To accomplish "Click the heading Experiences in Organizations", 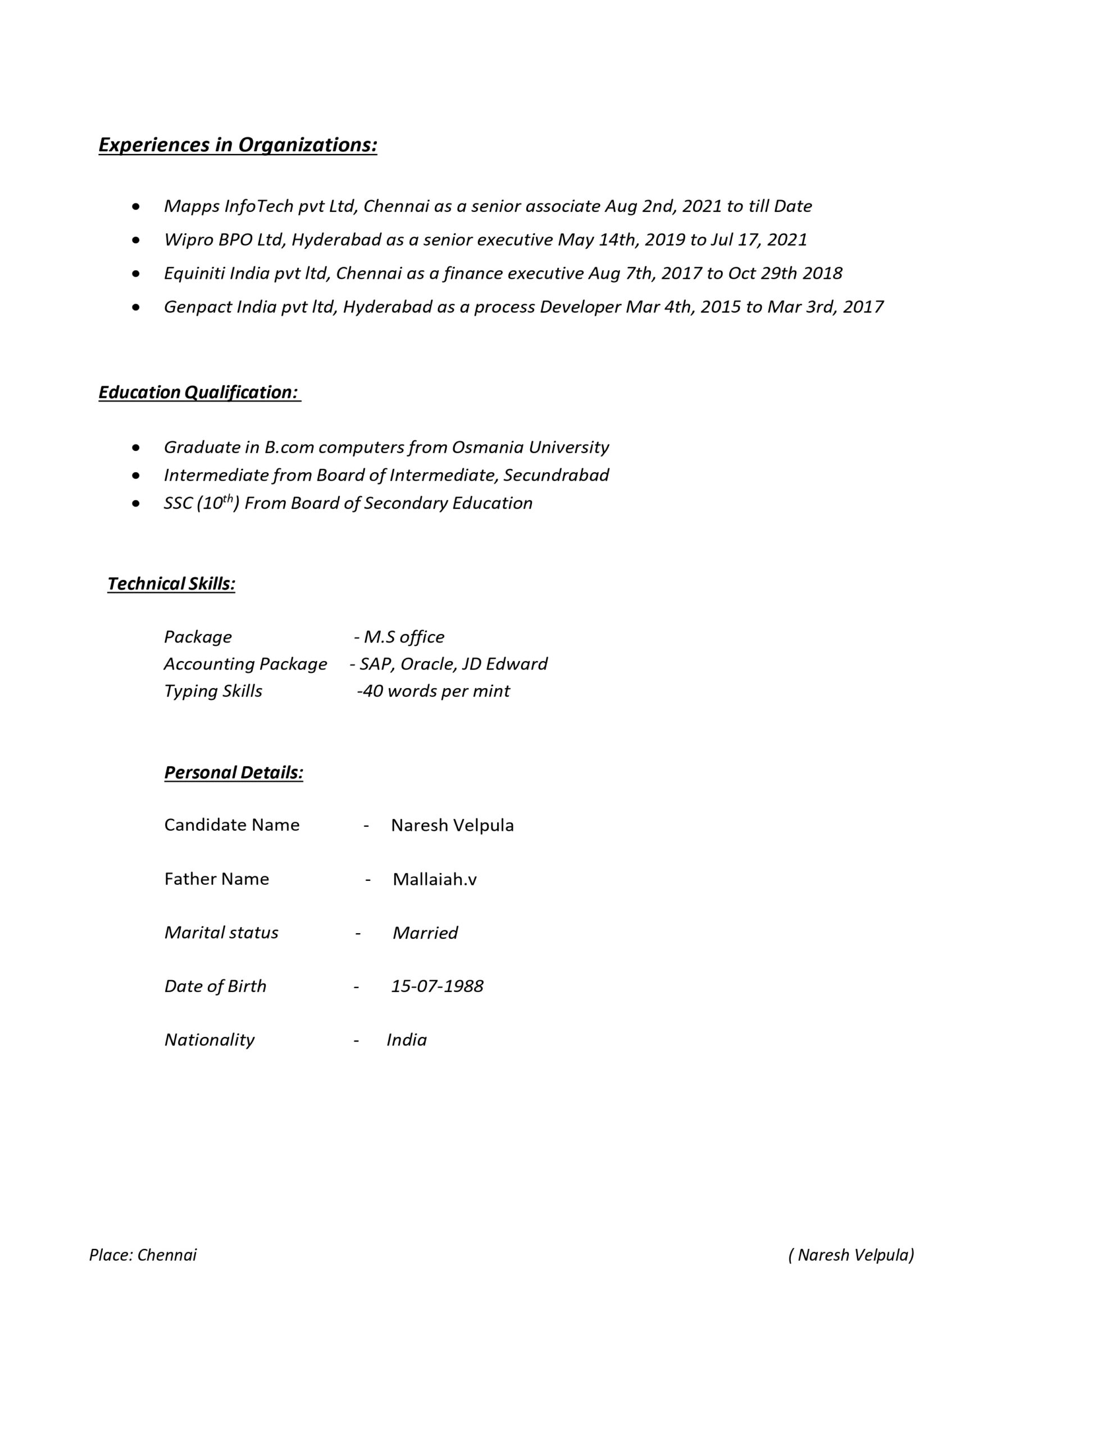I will (x=238, y=145).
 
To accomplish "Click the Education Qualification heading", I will (x=199, y=393).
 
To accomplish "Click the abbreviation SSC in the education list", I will (x=178, y=504).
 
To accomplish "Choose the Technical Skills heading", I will (x=171, y=584).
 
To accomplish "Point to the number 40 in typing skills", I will (x=373, y=691).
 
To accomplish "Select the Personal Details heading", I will (x=234, y=773).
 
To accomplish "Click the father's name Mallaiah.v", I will (x=435, y=880).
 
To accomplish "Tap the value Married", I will (x=425, y=933).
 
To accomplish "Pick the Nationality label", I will (x=210, y=1040).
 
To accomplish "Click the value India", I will (x=406, y=1040).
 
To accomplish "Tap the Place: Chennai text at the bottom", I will (x=143, y=1255).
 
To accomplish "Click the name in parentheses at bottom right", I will (x=851, y=1255).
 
